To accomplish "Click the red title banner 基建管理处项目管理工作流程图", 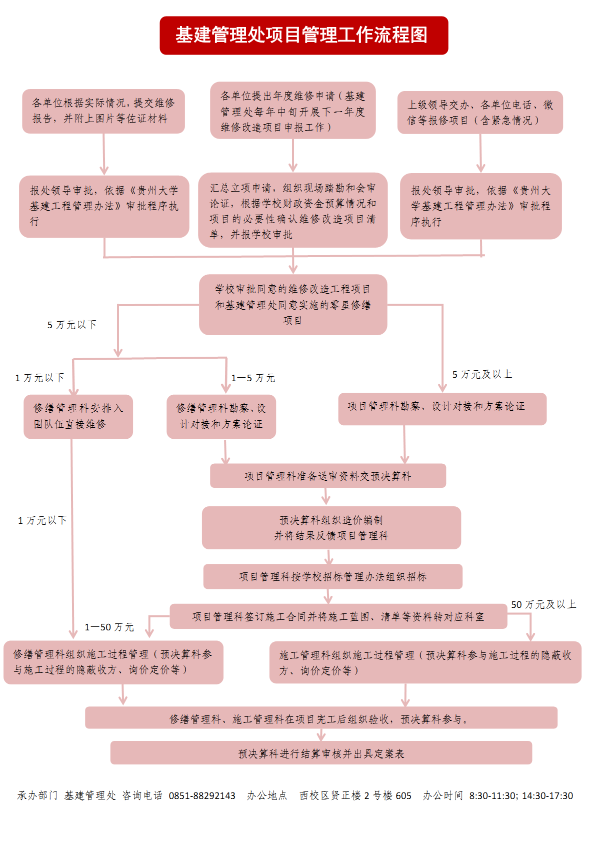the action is (303, 36).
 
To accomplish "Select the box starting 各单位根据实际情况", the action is (103, 111).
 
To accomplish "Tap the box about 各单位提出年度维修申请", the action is (292, 111).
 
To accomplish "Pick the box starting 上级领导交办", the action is (480, 113).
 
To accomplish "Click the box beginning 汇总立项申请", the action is (292, 210).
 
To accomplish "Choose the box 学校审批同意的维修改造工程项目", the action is (293, 305).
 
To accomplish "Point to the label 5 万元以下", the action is (71, 325).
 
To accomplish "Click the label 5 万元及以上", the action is (482, 374).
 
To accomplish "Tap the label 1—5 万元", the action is (253, 378).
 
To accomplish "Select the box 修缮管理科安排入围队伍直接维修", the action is (78, 416).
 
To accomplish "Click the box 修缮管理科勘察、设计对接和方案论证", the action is (221, 416).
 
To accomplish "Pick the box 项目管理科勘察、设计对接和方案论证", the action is (442, 409).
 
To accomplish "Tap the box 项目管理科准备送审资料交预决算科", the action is (328, 476).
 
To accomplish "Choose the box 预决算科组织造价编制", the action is (331, 528).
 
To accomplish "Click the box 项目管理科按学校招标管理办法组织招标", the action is (333, 576).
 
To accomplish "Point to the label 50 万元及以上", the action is (543, 604).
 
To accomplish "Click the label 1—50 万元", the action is (109, 627).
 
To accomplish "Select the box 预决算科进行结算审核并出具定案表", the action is (321, 752).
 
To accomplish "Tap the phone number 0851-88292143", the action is (202, 795).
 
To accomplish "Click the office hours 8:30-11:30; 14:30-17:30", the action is (521, 795).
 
